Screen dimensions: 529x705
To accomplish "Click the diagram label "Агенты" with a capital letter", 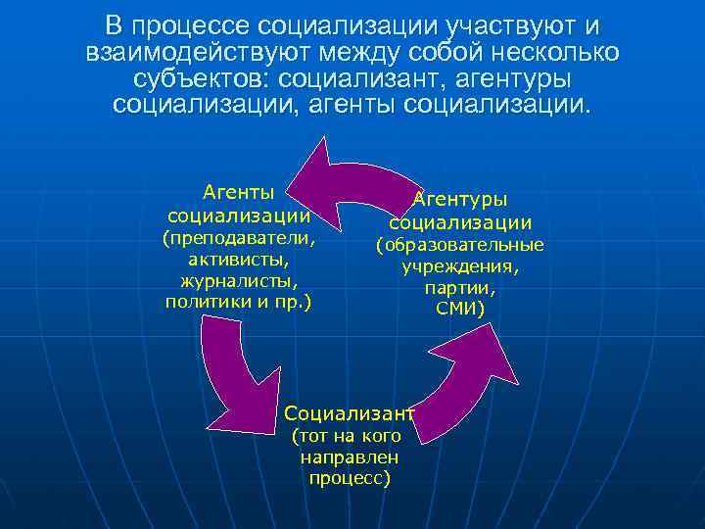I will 238,190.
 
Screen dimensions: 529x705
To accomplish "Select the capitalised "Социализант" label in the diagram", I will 350,413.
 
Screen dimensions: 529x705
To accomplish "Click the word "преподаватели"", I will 240,238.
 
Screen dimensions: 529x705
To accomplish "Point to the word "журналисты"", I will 239,281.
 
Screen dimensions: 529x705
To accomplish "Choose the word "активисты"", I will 239,260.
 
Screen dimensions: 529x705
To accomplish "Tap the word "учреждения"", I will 460,266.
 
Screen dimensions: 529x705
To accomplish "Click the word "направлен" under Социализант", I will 350,457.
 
